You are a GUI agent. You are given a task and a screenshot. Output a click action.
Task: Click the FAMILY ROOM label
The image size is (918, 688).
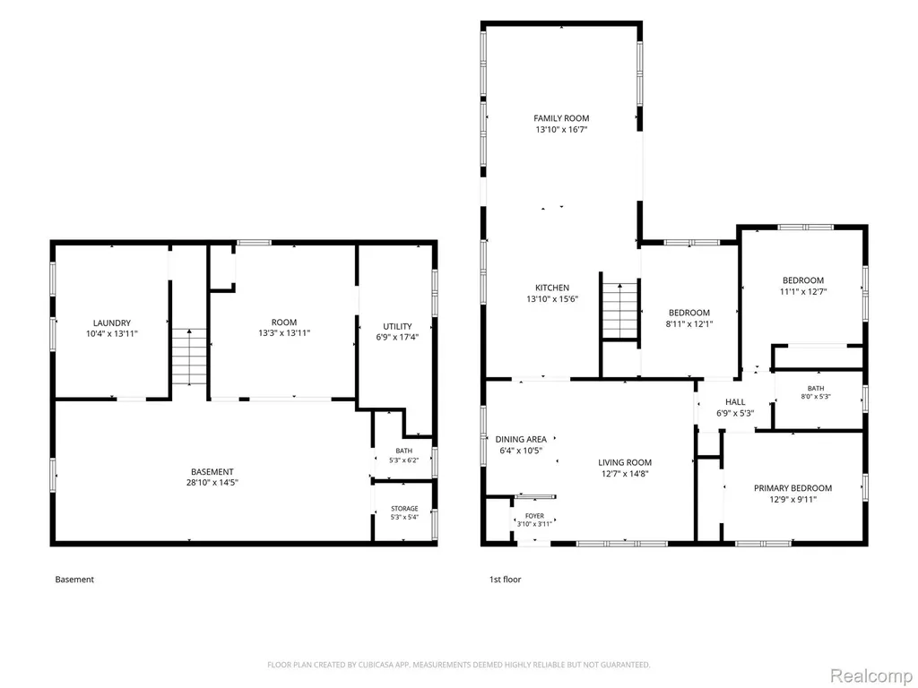click(x=561, y=118)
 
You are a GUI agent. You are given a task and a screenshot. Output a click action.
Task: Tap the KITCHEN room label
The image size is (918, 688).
click(x=552, y=288)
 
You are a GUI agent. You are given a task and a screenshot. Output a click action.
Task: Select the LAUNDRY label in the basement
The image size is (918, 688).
click(x=112, y=322)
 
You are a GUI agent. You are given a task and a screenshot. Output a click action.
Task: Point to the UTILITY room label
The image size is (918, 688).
click(x=397, y=326)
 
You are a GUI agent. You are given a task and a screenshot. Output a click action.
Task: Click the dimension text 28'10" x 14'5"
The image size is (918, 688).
click(x=212, y=483)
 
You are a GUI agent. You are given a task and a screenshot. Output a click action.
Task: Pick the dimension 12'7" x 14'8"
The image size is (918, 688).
click(x=625, y=474)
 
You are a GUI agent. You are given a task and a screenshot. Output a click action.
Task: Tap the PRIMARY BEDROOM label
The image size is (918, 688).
click(x=792, y=488)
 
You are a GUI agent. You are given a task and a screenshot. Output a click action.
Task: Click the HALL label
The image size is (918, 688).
click(x=735, y=402)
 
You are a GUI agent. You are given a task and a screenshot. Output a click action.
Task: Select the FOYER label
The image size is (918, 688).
click(x=534, y=516)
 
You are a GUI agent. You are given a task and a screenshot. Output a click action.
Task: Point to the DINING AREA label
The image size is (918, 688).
click(x=521, y=439)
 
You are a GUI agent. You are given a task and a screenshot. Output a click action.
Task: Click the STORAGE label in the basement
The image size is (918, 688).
click(x=404, y=509)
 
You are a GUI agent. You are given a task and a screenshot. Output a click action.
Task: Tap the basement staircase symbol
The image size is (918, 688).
click(x=189, y=357)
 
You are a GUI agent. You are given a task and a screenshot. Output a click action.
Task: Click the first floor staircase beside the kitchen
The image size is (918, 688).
click(x=620, y=310)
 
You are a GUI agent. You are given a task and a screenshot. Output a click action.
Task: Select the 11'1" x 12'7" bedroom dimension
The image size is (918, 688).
click(x=802, y=291)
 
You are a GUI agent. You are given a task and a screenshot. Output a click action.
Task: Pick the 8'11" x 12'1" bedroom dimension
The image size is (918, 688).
click(x=689, y=323)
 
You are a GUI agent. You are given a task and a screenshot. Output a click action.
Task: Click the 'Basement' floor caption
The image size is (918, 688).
click(x=74, y=580)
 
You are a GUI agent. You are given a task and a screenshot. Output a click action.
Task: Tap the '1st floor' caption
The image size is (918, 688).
click(x=506, y=580)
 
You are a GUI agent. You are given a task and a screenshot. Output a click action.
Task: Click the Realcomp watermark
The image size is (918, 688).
click(x=870, y=675)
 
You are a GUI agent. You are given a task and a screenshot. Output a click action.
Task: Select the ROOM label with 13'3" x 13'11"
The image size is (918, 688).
click(x=284, y=322)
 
